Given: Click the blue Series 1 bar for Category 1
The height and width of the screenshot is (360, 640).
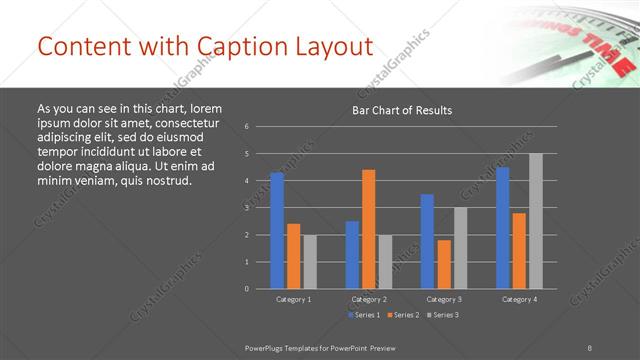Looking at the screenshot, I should pyautogui.click(x=277, y=230).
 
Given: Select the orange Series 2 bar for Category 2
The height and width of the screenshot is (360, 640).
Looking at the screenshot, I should pyautogui.click(x=369, y=229).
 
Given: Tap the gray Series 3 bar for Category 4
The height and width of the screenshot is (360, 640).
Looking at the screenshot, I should pyautogui.click(x=535, y=221).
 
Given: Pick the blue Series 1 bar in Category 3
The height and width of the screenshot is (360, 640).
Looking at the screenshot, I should pyautogui.click(x=427, y=241).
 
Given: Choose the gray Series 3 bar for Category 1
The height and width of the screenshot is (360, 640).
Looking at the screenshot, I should pyautogui.click(x=310, y=261).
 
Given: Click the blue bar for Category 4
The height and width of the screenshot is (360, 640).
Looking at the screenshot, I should pyautogui.click(x=502, y=227).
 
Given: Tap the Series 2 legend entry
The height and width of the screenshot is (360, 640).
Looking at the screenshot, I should pyautogui.click(x=403, y=315).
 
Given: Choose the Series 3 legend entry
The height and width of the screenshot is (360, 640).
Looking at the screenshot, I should pyautogui.click(x=443, y=315).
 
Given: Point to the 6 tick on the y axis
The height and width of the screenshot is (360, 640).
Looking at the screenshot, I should pyautogui.click(x=247, y=127).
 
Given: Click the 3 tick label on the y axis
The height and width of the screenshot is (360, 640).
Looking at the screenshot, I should pyautogui.click(x=247, y=208).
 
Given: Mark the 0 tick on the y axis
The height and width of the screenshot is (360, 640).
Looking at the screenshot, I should pyautogui.click(x=247, y=289).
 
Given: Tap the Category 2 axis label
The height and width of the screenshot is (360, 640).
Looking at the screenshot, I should pyautogui.click(x=369, y=299).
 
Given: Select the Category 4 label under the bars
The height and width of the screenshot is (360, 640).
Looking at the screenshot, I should pyautogui.click(x=519, y=299).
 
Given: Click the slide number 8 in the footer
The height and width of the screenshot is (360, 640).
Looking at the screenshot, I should pyautogui.click(x=590, y=346).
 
